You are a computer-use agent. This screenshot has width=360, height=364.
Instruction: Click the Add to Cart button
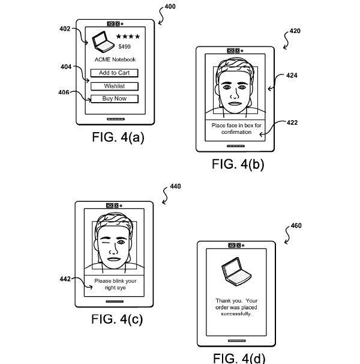(114, 73)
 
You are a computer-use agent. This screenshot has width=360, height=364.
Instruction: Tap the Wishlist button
(114, 86)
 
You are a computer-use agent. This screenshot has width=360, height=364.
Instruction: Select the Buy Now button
(114, 99)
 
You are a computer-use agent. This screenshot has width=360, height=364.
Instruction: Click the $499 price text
(124, 46)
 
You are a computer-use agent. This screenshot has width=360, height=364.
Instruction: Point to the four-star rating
(127, 37)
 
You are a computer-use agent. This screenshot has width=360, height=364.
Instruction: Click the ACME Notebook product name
(115, 59)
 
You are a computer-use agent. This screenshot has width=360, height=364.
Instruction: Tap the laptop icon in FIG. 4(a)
(101, 41)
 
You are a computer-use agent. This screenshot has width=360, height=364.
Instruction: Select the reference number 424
(292, 76)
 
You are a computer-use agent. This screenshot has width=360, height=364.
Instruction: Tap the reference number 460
(296, 226)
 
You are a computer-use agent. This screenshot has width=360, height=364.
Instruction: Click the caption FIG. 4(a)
(118, 138)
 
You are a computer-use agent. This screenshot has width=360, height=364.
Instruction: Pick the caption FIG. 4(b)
(237, 164)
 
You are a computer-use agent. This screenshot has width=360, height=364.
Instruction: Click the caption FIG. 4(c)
(117, 319)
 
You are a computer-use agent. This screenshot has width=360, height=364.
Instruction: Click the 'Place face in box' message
(236, 129)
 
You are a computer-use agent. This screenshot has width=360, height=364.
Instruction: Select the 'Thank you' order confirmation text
(236, 306)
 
